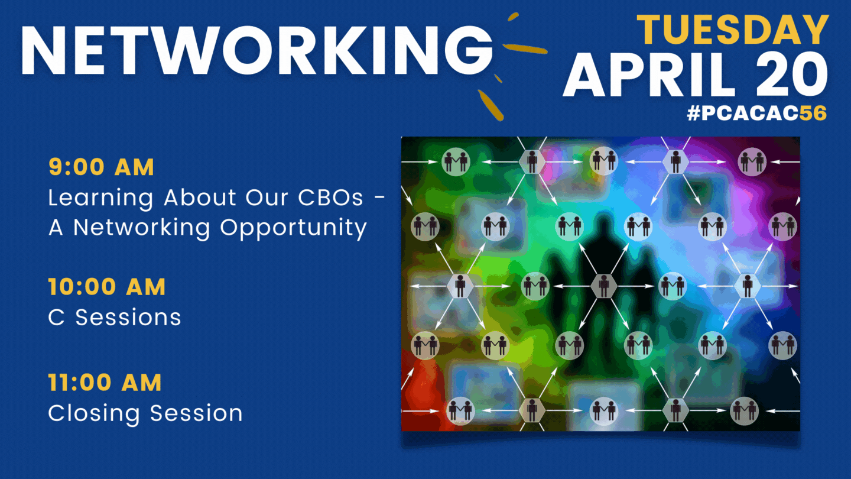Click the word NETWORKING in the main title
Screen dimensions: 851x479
point(257,50)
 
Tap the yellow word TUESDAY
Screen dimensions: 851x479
point(733,30)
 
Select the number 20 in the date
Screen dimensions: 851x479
point(792,75)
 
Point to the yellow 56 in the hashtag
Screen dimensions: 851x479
point(813,113)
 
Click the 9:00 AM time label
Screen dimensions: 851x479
point(102,167)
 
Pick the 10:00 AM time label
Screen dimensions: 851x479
point(107,286)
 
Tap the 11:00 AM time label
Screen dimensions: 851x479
point(105,382)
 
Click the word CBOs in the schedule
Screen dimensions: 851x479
point(330,198)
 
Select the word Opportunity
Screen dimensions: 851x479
point(293,229)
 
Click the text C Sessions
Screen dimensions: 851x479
point(115,317)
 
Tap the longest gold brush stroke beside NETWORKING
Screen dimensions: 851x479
point(525,48)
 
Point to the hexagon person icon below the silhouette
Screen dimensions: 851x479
point(604,286)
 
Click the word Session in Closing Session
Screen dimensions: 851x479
point(196,413)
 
